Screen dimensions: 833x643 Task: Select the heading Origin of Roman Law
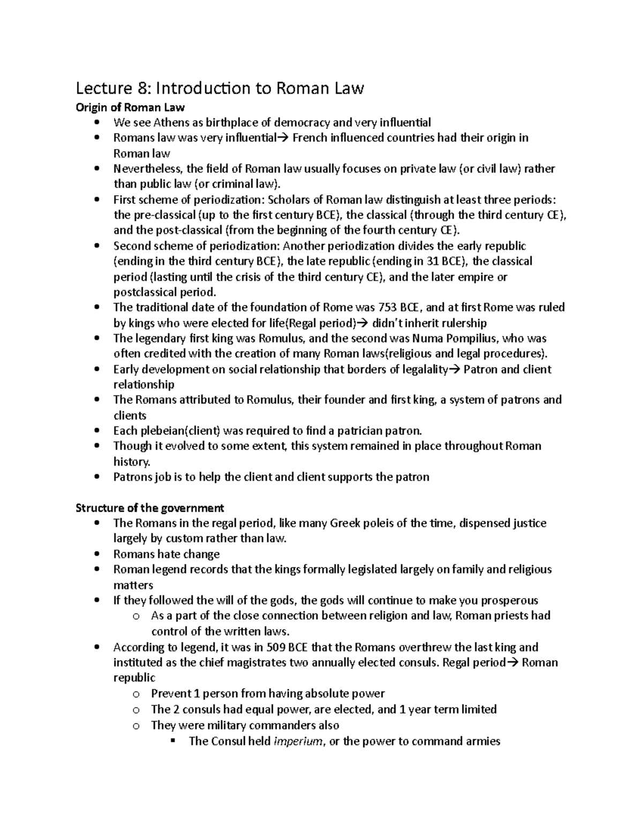(x=130, y=108)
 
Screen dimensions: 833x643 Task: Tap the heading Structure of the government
(x=149, y=507)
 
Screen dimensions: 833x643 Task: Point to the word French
(x=309, y=138)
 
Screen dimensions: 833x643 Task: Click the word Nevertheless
(x=148, y=169)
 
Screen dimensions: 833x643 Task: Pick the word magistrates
(x=252, y=662)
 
